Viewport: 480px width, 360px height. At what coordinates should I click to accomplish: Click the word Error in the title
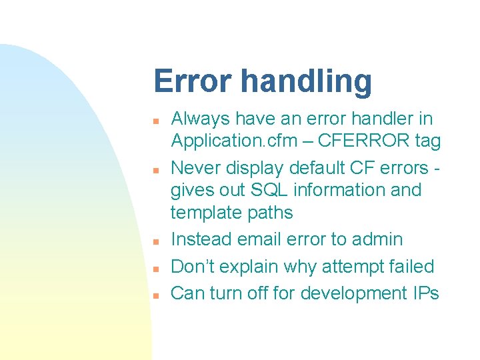tap(194, 81)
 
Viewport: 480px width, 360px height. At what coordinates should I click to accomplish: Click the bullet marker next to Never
tap(154, 170)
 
